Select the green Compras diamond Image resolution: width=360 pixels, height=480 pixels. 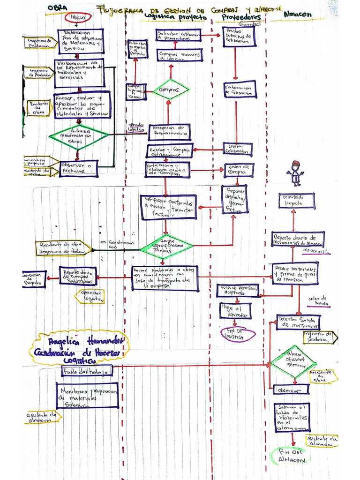[x=171, y=89]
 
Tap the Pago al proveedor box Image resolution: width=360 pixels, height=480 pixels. [x=235, y=311]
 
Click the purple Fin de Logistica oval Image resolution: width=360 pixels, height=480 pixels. [x=238, y=334]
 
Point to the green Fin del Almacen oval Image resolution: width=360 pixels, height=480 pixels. [x=291, y=456]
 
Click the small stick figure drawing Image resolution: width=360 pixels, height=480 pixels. [x=295, y=173]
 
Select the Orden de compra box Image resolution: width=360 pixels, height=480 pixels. [x=239, y=170]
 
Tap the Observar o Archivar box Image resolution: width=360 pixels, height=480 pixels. [x=78, y=168]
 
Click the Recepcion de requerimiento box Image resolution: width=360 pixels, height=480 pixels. [x=169, y=132]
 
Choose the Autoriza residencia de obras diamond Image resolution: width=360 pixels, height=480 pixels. [x=78, y=136]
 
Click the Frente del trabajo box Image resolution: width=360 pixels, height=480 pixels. [x=87, y=371]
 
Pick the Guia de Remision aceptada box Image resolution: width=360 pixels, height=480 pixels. [x=238, y=291]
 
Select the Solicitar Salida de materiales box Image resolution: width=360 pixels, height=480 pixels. [x=298, y=322]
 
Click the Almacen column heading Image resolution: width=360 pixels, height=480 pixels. [x=297, y=15]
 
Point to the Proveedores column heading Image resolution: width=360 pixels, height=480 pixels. [x=241, y=17]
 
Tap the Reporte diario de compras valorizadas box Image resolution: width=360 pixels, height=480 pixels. [x=78, y=276]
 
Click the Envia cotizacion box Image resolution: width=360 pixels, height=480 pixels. [x=237, y=150]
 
